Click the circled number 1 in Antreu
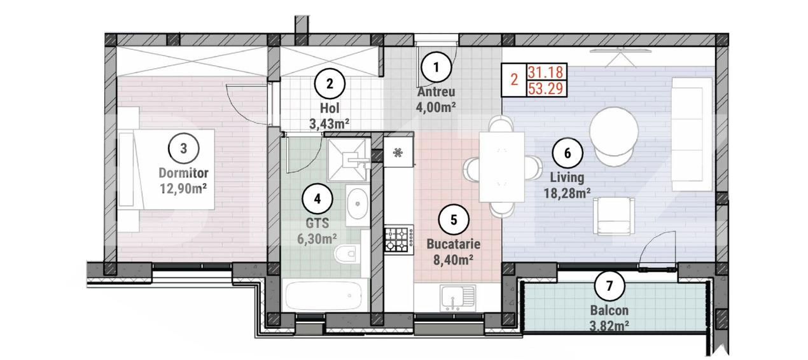point(436,66)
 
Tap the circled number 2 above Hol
point(330,83)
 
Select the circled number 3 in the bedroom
point(183,149)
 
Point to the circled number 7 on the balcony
point(609,286)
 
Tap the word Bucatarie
point(454,244)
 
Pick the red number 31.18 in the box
point(545,73)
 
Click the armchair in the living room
point(613,214)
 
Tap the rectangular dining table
point(501,166)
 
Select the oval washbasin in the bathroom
point(359,205)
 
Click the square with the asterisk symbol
point(398,153)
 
